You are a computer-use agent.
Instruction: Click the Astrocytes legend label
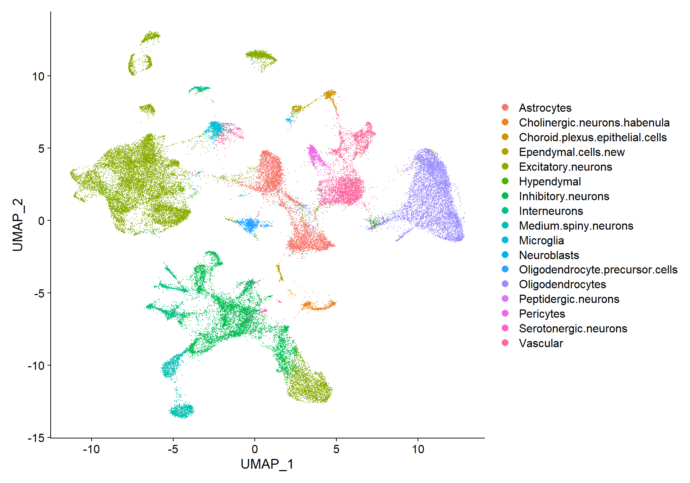pyautogui.click(x=545, y=108)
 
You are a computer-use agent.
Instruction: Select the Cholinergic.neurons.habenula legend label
pyautogui.click(x=594, y=123)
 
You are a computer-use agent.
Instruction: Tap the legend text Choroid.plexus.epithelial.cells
pyautogui.click(x=593, y=137)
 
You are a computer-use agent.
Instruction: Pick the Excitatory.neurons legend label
pyautogui.click(x=565, y=167)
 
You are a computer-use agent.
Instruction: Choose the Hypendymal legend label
pyautogui.click(x=550, y=181)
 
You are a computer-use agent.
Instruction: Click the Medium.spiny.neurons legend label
pyautogui.click(x=576, y=226)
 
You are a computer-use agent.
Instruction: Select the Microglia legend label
pyautogui.click(x=541, y=240)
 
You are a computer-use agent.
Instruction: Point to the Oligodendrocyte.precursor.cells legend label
pyautogui.click(x=598, y=270)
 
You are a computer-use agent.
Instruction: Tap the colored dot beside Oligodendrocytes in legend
pyautogui.click(x=505, y=284)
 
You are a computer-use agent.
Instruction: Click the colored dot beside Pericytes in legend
pyautogui.click(x=505, y=314)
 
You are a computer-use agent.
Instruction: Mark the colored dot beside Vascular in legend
pyautogui.click(x=505, y=343)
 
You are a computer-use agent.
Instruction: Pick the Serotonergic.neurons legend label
pyautogui.click(x=573, y=328)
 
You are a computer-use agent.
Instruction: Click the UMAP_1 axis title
pyautogui.click(x=267, y=464)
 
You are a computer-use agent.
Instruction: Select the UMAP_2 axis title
pyautogui.click(x=18, y=225)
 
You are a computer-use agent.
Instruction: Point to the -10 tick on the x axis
pyautogui.click(x=91, y=449)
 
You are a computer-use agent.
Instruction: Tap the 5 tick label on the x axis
pyautogui.click(x=336, y=449)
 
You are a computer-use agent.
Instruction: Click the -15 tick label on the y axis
pyautogui.click(x=36, y=438)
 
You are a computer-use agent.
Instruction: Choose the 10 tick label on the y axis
pyautogui.click(x=38, y=76)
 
